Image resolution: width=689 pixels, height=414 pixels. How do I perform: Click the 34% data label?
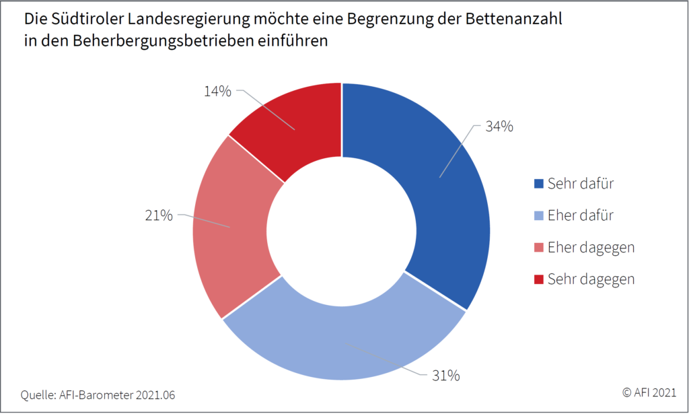click(500, 126)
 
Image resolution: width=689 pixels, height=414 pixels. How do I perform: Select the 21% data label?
click(159, 215)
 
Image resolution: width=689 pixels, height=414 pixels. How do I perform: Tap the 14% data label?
click(217, 92)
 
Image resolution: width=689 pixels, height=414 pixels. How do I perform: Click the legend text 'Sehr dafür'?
click(581, 183)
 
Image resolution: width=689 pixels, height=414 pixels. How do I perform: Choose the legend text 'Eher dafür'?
click(581, 215)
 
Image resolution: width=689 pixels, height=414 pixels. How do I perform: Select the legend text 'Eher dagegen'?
click(591, 247)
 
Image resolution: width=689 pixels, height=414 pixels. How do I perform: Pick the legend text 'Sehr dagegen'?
click(591, 279)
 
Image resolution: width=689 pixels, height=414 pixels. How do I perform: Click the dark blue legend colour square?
click(538, 183)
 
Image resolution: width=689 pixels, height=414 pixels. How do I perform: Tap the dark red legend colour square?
click(538, 279)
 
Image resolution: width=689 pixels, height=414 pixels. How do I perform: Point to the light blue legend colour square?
click(538, 215)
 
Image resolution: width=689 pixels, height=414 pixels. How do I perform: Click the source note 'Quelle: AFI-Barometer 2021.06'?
click(98, 394)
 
